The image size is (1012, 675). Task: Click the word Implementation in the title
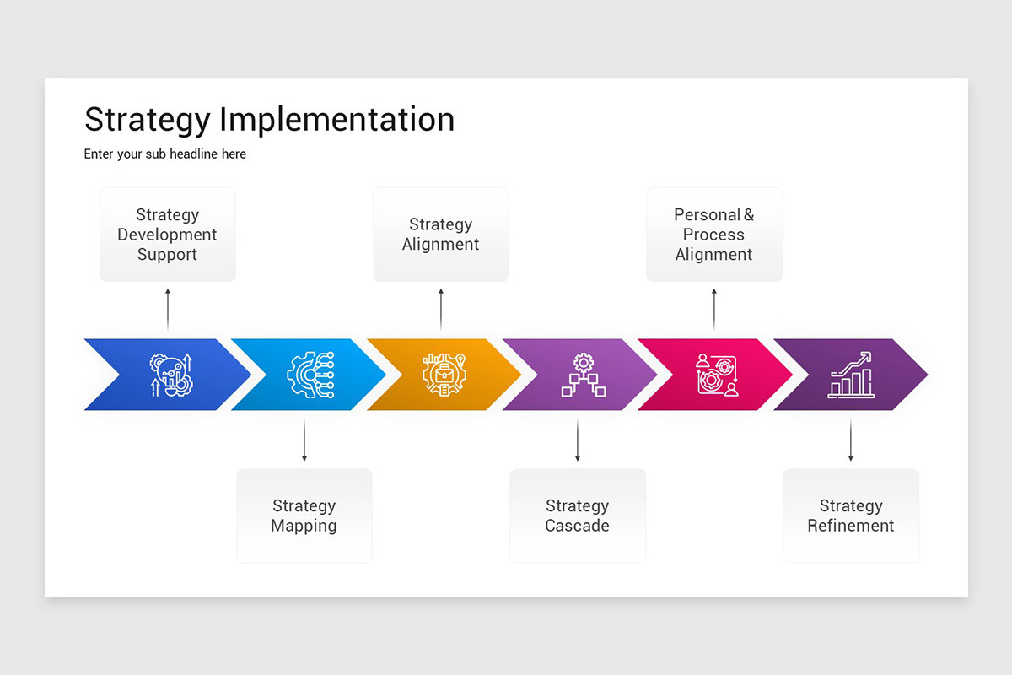[x=336, y=120]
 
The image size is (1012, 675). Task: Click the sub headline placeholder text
[x=165, y=154]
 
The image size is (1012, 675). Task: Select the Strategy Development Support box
[x=168, y=235]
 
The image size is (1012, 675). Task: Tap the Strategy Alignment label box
[x=440, y=235]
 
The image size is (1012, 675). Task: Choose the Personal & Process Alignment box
[x=713, y=235]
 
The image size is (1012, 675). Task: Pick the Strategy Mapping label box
[x=304, y=516]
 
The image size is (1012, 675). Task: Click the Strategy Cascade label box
[x=577, y=516]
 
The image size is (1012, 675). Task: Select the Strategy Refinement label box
[x=850, y=516]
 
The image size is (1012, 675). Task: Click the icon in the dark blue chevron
[x=171, y=375]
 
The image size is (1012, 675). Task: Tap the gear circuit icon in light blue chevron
[x=310, y=375]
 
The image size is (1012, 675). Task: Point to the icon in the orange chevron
[x=444, y=375]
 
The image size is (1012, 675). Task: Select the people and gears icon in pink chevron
[x=717, y=375]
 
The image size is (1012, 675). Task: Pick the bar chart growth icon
[x=850, y=375]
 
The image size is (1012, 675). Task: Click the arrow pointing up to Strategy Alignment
[x=440, y=309]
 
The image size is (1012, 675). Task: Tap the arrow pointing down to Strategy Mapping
[x=304, y=440]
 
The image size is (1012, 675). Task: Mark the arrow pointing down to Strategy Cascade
[x=577, y=440]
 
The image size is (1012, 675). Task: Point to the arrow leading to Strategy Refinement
[x=850, y=440]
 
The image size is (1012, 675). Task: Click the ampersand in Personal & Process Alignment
[x=748, y=215]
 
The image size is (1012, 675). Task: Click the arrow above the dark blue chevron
[x=168, y=309]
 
